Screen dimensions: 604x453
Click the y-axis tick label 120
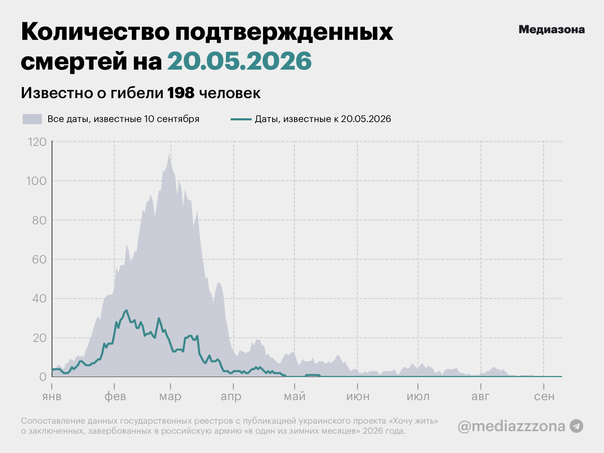[37, 142]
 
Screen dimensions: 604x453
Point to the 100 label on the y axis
[36, 181]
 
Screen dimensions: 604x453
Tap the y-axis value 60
[39, 259]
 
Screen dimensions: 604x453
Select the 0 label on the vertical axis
[43, 377]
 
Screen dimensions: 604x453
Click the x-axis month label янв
[52, 396]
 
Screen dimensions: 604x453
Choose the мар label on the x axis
[170, 397]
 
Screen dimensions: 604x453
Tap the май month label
[294, 397]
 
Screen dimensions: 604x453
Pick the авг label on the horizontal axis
[480, 396]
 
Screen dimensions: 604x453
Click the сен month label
[544, 396]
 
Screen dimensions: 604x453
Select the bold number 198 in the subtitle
[181, 93]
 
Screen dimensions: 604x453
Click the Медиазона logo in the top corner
[552, 29]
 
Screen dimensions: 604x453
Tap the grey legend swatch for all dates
[32, 119]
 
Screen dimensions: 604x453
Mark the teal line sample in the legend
[241, 119]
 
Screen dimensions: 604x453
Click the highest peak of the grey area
[169, 154]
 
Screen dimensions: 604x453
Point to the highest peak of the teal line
[126, 310]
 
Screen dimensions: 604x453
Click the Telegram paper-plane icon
[576, 426]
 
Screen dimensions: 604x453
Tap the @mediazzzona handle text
[511, 426]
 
